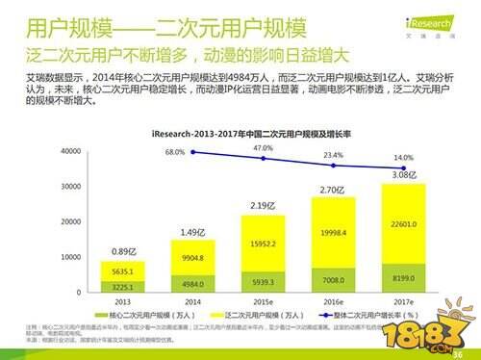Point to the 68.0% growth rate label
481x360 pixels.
(x=174, y=152)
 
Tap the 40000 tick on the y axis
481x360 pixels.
(x=71, y=152)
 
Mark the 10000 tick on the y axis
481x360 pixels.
(x=71, y=257)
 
